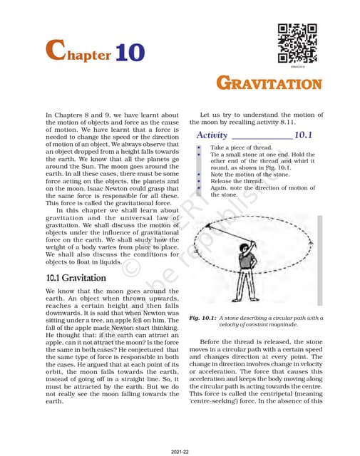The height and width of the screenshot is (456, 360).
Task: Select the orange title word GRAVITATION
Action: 269,83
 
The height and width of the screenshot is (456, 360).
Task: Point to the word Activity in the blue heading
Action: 212,135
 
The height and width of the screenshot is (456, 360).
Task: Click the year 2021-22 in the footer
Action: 180,451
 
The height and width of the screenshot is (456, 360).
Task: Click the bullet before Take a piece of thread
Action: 198,147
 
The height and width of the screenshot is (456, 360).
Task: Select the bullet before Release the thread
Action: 198,180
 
